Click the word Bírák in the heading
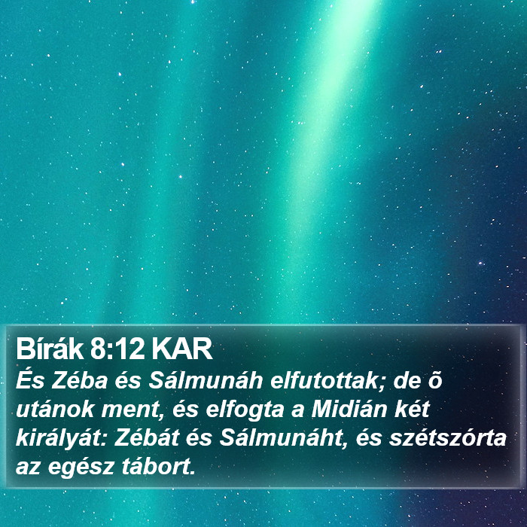coord(50,349)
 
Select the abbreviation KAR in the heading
coord(181,349)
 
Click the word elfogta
coord(245,410)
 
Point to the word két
coord(413,410)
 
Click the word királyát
coord(62,439)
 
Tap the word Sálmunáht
coord(280,438)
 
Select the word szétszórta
coord(448,438)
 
